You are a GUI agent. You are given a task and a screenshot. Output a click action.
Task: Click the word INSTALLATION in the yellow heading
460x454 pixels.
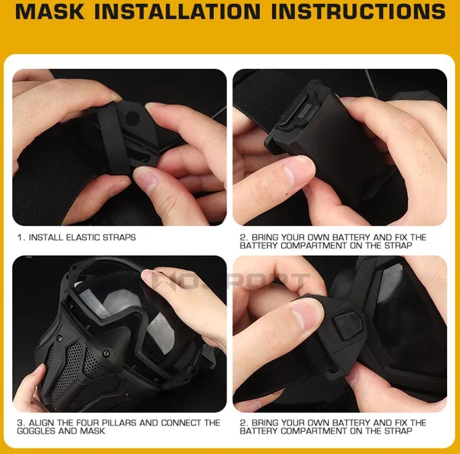(177, 11)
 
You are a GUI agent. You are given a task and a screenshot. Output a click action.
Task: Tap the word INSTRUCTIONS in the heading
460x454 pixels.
(359, 11)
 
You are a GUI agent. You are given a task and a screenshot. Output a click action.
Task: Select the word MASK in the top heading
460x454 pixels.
(49, 11)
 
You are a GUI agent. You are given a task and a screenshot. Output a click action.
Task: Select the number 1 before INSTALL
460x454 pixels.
(20, 237)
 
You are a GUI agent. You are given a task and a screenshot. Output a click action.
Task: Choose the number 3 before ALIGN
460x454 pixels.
(20, 423)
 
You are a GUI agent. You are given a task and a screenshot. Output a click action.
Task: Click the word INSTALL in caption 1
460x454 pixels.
(46, 237)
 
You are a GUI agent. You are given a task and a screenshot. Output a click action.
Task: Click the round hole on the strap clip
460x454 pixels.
(132, 118)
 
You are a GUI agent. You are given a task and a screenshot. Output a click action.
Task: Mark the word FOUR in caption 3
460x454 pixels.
(88, 423)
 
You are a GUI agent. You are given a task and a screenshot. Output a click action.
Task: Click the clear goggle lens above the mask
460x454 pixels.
(123, 305)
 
